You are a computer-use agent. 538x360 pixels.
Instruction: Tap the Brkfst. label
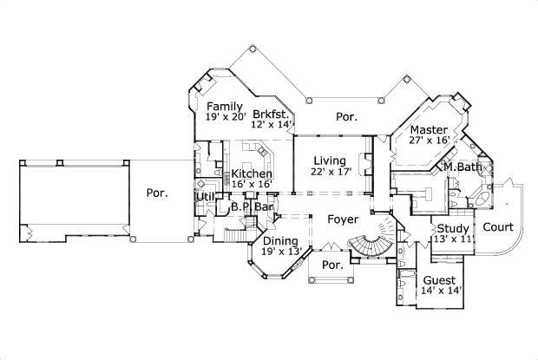[x=270, y=114]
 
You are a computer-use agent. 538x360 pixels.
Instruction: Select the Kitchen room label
[x=252, y=173]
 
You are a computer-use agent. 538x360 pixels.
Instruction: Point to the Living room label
[x=330, y=160]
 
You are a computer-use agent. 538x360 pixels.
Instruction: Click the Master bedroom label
[x=417, y=130]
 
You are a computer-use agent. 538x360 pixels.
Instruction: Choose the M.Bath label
[x=463, y=166]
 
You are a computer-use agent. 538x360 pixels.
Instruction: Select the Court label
[x=496, y=228]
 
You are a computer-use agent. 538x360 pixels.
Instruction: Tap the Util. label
[x=206, y=197]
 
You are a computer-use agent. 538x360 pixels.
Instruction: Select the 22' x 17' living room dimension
[x=330, y=173]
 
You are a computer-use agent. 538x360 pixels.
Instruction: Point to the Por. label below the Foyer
[x=330, y=265]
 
